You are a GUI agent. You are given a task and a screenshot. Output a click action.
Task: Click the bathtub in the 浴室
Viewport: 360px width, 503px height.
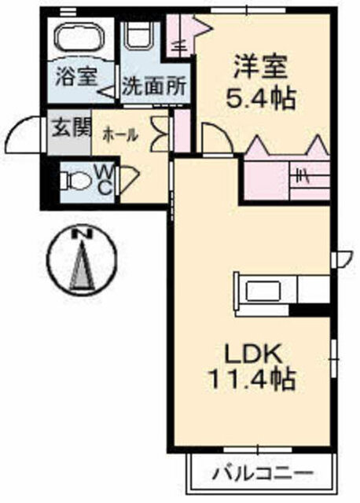coord(81,38)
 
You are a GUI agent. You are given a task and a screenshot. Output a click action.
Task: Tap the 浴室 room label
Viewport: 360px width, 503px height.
coord(75,76)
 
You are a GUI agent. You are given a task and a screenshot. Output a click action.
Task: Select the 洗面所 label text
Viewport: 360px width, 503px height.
coord(154,86)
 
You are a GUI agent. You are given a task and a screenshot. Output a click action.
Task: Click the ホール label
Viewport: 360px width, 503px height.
coord(120,135)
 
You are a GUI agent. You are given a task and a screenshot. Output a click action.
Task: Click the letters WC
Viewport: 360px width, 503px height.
coord(105,181)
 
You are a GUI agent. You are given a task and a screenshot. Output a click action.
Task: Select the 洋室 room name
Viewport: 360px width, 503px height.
coord(260,67)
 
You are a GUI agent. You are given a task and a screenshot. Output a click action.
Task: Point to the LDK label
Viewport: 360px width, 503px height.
coord(253,353)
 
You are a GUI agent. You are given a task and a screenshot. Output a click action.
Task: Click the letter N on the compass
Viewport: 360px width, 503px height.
coord(83,233)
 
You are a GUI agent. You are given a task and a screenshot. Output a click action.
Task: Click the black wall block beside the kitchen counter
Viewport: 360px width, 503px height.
coord(310,310)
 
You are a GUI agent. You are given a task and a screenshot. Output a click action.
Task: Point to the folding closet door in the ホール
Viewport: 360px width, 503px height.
coord(160,134)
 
